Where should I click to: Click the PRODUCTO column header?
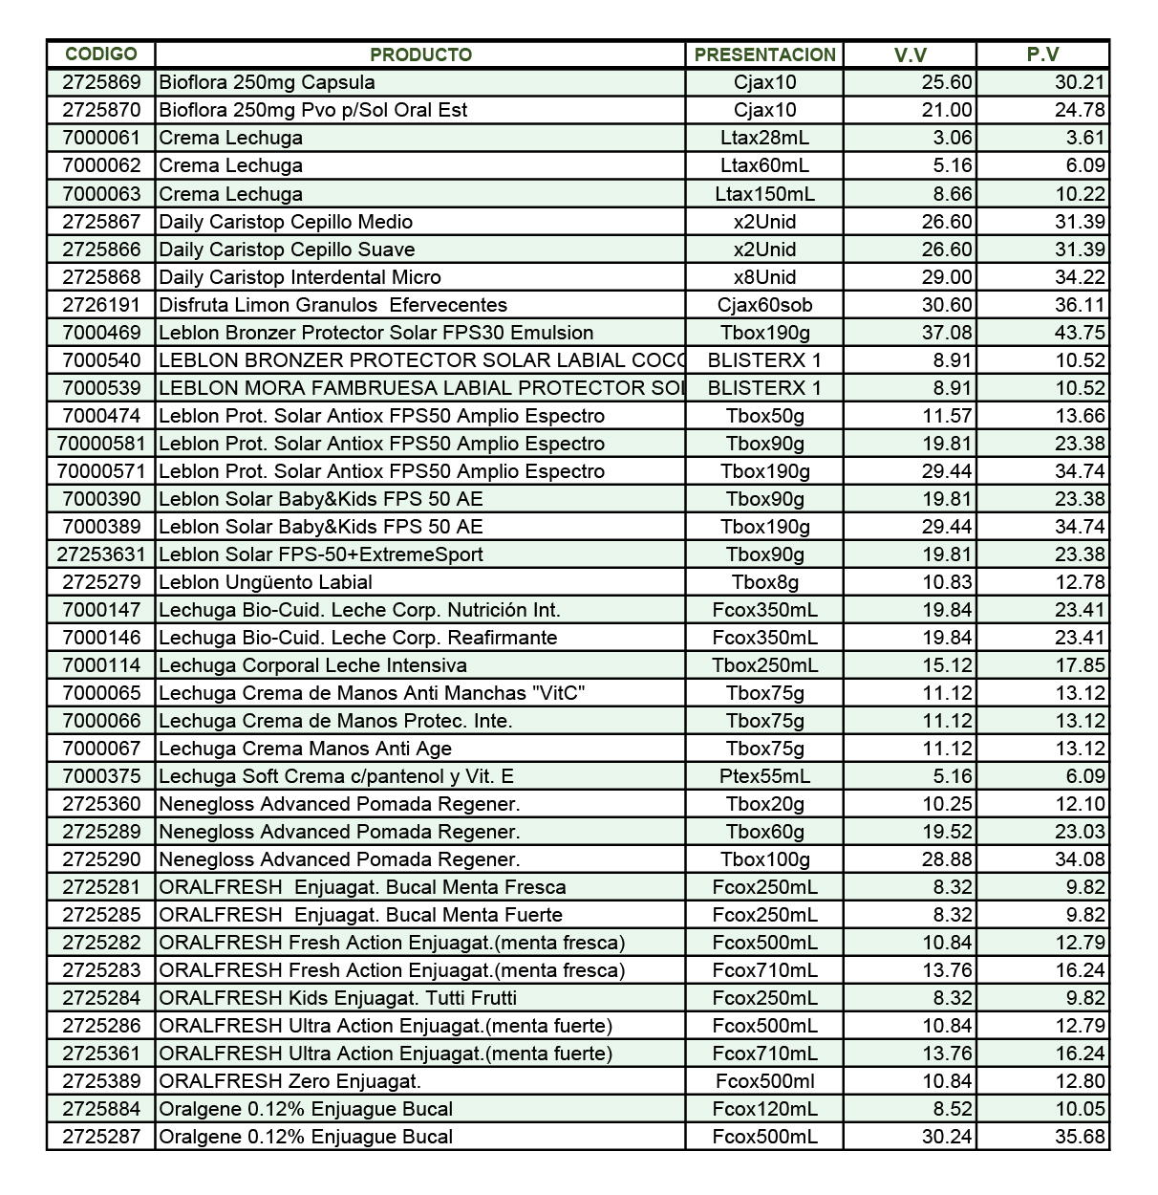(x=420, y=54)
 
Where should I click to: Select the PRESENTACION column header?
(x=764, y=54)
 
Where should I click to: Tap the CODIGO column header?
(x=101, y=54)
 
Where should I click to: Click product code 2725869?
(x=101, y=82)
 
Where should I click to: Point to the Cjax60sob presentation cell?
(x=764, y=305)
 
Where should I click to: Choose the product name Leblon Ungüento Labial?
(x=266, y=582)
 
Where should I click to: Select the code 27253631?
(x=101, y=554)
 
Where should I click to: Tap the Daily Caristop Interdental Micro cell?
(x=300, y=277)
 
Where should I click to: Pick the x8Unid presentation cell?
(x=764, y=277)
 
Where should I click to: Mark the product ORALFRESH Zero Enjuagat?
(x=289, y=1081)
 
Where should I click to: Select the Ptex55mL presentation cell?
(x=764, y=776)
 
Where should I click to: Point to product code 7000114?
(x=101, y=665)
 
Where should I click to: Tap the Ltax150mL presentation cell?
(x=764, y=194)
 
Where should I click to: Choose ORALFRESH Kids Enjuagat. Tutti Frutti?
(x=337, y=998)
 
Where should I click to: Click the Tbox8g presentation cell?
(x=764, y=582)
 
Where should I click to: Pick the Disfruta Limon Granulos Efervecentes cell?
(x=332, y=305)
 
